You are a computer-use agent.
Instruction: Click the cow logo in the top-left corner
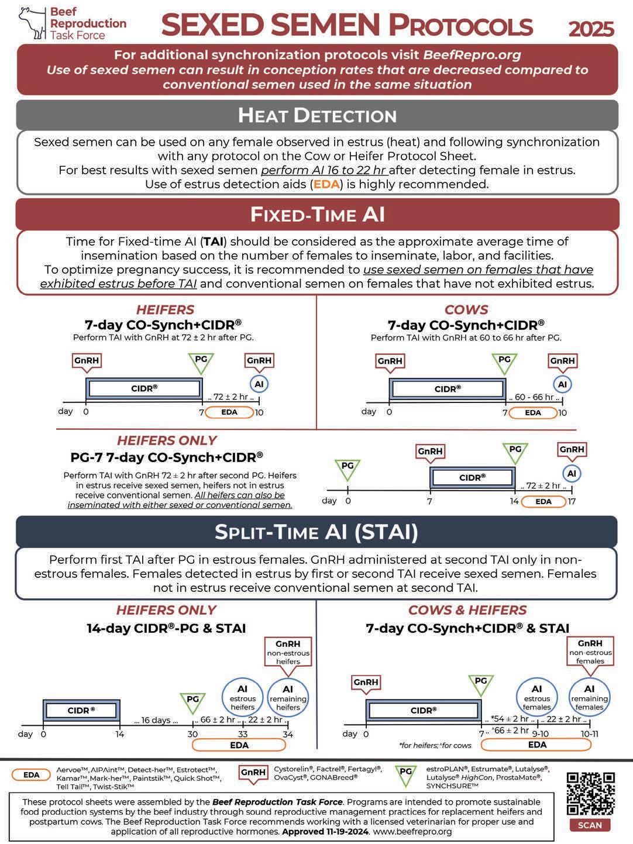tap(32, 23)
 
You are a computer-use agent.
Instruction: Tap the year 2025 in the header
tap(591, 29)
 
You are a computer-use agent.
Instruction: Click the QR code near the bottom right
tap(590, 793)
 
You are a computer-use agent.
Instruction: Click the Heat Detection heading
tap(317, 115)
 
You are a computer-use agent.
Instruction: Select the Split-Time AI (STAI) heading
tap(316, 532)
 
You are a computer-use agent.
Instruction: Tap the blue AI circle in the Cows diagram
tap(562, 384)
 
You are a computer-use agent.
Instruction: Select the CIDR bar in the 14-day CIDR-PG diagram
tap(81, 710)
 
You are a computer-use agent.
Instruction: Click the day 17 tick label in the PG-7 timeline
tap(572, 501)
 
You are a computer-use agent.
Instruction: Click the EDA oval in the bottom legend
tap(32, 775)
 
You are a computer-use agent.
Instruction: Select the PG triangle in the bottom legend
tap(405, 774)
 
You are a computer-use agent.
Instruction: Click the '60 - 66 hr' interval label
tap(534, 397)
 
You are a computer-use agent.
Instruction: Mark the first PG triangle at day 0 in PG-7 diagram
tap(348, 468)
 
